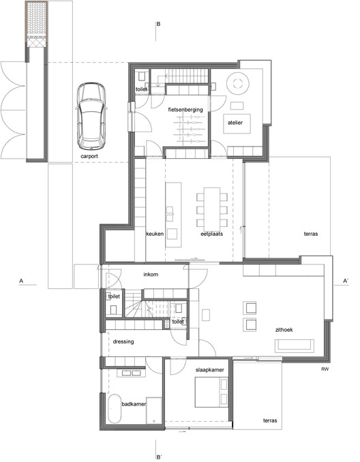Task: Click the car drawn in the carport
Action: (x=91, y=117)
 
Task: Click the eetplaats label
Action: (x=212, y=234)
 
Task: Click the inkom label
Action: (x=151, y=275)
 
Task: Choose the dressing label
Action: (x=123, y=341)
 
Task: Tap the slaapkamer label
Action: (x=209, y=369)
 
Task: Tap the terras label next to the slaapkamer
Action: (x=271, y=421)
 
